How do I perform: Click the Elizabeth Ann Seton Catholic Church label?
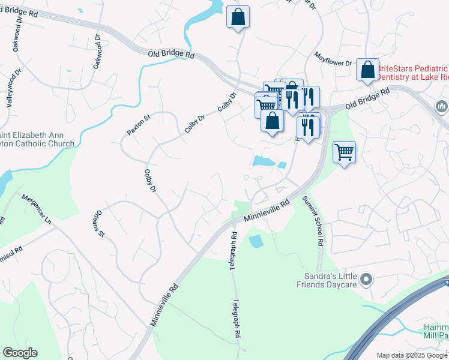[x=37, y=139]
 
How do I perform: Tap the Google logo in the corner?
[x=20, y=353]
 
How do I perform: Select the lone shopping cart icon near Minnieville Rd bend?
[x=344, y=152]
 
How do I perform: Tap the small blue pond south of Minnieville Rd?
[x=255, y=241]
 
